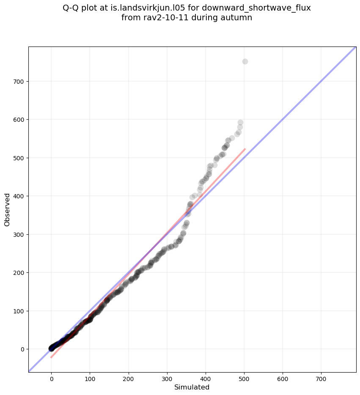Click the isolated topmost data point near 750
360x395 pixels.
point(245,62)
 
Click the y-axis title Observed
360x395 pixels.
point(7,209)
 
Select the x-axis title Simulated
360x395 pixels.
point(192,387)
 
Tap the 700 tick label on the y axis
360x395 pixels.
point(18,81)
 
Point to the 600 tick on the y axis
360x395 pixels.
point(18,120)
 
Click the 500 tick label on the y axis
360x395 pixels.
point(18,158)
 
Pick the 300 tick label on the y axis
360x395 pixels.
point(18,234)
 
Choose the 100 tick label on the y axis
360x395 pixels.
point(18,311)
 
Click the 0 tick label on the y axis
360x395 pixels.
point(21,349)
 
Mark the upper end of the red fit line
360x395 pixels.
point(245,149)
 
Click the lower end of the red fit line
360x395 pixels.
point(51,358)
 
